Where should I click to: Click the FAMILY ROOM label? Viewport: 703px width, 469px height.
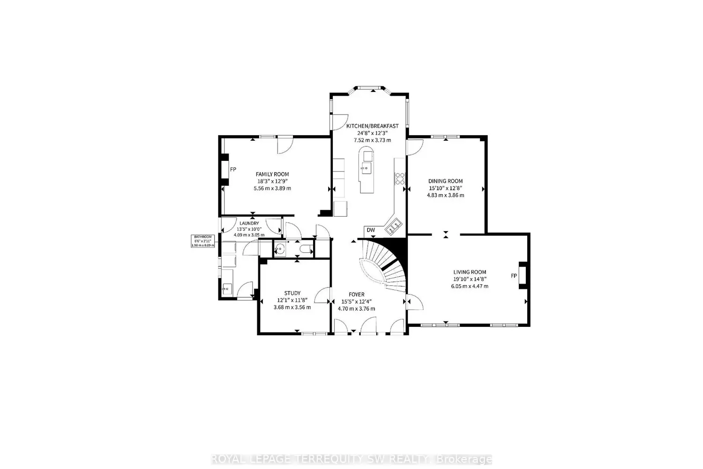pos(272,174)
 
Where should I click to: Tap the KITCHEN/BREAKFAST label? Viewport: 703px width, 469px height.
pos(372,126)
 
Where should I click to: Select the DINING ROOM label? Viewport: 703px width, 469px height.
pos(445,181)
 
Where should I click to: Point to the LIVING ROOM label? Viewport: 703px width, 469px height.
pos(469,272)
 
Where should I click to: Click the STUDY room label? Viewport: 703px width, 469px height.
pos(292,293)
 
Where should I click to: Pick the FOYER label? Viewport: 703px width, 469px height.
pos(356,295)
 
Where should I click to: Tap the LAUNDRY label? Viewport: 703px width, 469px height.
pos(249,223)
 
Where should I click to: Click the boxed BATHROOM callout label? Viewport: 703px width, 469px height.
pos(203,241)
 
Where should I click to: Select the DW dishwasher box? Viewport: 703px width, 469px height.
pos(371,230)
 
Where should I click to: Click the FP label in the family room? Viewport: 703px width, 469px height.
pos(233,169)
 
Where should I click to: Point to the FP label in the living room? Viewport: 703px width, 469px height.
pos(514,276)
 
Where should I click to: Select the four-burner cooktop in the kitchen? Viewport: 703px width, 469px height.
pos(400,179)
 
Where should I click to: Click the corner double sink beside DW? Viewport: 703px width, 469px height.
pos(393,227)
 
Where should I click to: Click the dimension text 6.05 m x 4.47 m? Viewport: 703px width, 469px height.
pos(469,286)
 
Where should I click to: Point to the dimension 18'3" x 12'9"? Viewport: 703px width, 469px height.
pos(272,181)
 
